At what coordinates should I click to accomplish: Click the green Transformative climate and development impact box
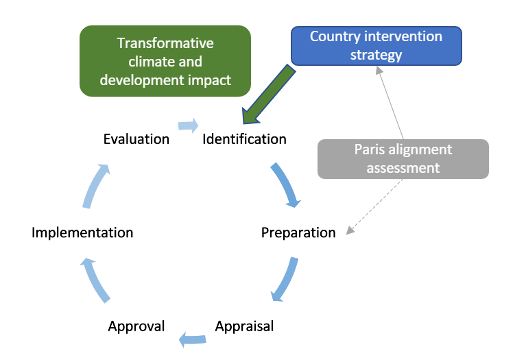pos(165,61)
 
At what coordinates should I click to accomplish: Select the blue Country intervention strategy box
pos(376,46)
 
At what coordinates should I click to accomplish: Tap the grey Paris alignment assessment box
pos(403,158)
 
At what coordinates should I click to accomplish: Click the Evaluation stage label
pos(136,139)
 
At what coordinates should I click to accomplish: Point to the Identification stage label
pos(244,139)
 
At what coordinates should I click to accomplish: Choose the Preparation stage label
pos(298,232)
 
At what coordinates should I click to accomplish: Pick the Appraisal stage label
pos(244,326)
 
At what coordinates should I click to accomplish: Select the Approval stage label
pos(136,326)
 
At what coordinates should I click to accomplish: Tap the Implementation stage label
pos(82,232)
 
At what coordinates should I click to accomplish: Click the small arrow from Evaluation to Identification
pos(188,125)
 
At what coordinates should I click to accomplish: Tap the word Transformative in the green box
pos(165,43)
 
